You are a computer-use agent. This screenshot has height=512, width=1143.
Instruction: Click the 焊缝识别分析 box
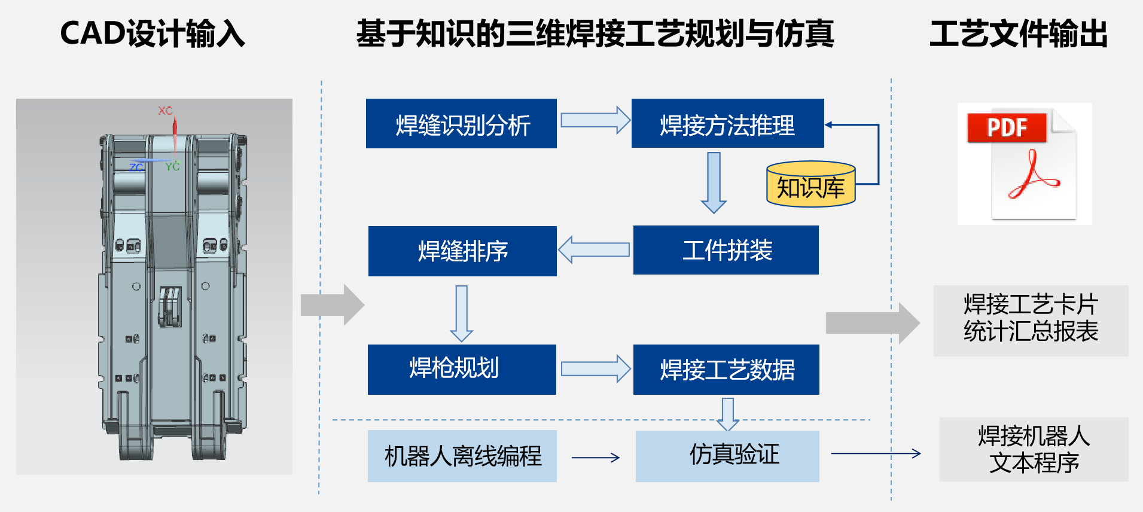pos(461,124)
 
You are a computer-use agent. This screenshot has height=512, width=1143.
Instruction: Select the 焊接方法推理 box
pos(727,124)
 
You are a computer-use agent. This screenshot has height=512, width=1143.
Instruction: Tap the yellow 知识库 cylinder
pos(810,185)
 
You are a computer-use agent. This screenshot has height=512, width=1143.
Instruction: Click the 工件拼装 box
pos(726,250)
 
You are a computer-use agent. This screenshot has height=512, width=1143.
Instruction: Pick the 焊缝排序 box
pos(462,251)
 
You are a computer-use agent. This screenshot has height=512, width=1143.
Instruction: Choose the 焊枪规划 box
pos(461,369)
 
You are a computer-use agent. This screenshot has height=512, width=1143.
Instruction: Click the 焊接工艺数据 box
pos(726,370)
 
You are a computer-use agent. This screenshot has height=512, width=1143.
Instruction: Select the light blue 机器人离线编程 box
pos(462,456)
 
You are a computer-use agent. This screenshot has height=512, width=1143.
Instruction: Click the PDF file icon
pos(1024,164)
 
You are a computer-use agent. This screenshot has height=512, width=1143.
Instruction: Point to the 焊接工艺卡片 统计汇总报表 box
pos(1031,321)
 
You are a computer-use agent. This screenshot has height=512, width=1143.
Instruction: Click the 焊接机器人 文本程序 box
pos(1034,449)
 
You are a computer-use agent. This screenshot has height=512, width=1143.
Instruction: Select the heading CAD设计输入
pos(153,33)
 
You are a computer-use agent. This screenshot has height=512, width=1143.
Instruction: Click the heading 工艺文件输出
pos(1018,33)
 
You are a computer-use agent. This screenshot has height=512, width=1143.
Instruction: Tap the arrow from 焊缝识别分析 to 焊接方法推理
pos(595,120)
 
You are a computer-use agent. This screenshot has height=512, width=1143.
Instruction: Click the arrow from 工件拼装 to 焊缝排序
pos(593,249)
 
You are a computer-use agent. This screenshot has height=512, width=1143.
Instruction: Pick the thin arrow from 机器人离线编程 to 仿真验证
pos(595,458)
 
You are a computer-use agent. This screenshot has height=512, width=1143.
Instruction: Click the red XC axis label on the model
pos(165,111)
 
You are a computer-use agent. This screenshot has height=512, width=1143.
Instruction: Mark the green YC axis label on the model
pos(172,166)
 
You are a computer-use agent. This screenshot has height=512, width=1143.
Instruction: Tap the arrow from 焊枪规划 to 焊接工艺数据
pos(595,368)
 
